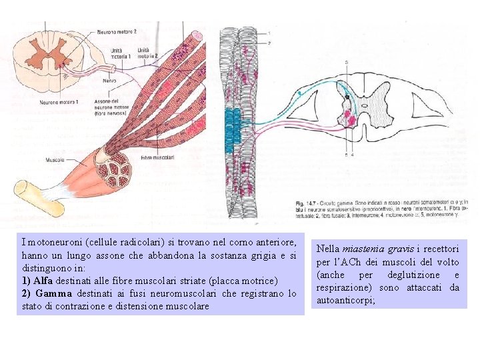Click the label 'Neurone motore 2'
point(117,31)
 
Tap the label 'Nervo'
point(109,80)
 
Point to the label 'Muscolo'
point(55,160)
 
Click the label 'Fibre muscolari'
point(157,158)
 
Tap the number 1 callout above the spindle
point(269,33)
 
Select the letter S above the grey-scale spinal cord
point(347,62)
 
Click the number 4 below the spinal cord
point(352,155)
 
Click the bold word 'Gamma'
point(51,293)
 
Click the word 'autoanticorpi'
point(346,301)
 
